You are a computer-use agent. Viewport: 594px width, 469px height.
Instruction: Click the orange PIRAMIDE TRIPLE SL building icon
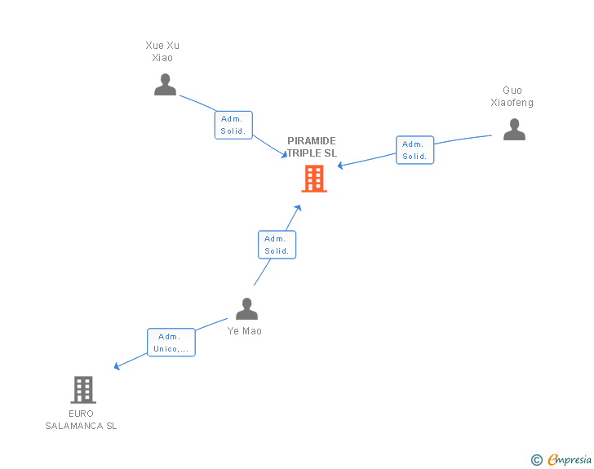click(314, 179)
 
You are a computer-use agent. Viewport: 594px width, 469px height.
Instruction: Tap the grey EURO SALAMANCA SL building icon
click(82, 390)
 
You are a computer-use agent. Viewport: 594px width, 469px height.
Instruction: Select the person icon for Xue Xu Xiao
click(165, 85)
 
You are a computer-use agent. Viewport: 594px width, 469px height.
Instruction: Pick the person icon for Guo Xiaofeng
click(513, 129)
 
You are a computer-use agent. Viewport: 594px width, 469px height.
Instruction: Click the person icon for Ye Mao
click(246, 309)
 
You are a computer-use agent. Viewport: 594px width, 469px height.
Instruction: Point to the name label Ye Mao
click(246, 331)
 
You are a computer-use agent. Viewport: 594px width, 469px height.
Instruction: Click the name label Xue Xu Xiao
click(162, 51)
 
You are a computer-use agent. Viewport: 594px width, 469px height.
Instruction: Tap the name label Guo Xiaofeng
click(512, 96)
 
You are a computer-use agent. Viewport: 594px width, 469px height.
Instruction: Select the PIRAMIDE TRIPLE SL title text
click(311, 147)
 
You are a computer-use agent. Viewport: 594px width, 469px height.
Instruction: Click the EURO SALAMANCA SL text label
click(81, 419)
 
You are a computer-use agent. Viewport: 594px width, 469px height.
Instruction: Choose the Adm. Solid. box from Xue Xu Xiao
click(233, 125)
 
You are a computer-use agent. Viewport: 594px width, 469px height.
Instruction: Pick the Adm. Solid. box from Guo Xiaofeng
click(414, 150)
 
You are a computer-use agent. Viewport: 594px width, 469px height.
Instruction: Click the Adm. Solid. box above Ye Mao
click(277, 245)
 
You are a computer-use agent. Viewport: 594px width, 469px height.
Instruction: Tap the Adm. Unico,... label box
click(171, 343)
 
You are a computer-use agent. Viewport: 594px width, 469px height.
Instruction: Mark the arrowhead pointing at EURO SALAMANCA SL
click(117, 366)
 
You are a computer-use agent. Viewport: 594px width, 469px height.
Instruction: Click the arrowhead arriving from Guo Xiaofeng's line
click(341, 166)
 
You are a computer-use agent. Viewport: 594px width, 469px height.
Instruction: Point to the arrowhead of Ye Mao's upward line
click(298, 208)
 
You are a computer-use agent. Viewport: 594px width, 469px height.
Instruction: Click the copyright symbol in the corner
click(536, 460)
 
